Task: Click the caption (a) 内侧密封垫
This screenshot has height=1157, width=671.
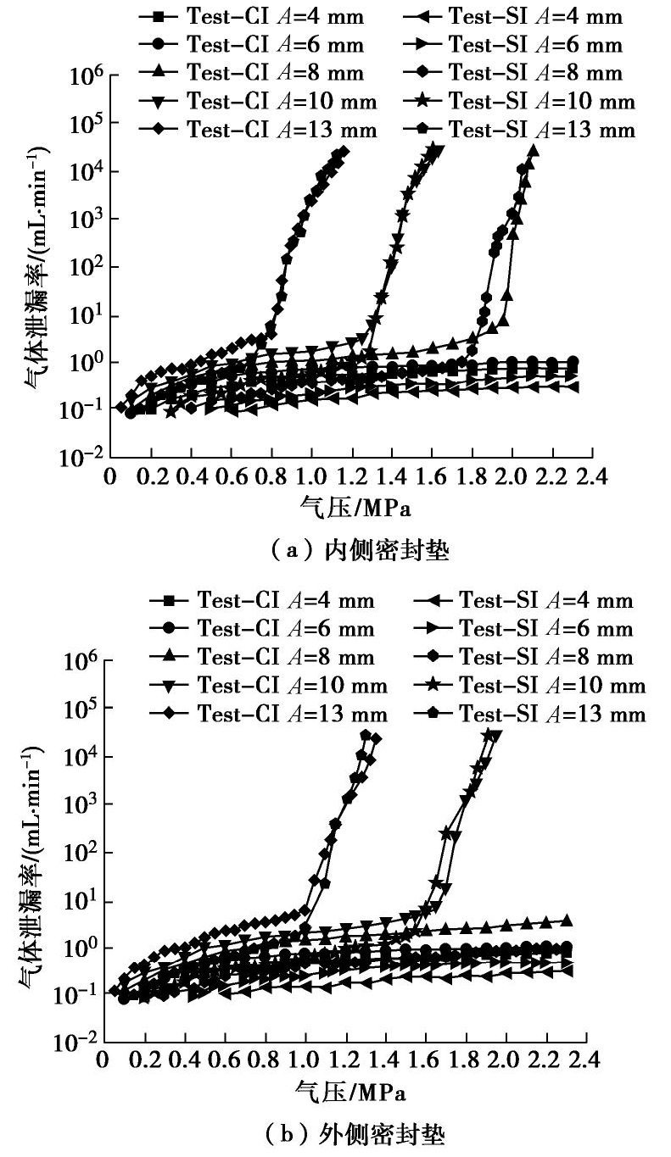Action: click(x=347, y=551)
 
